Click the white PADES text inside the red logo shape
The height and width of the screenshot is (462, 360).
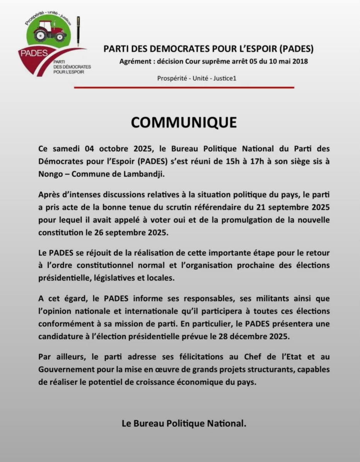(x=34, y=53)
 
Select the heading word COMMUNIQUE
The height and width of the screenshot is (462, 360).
(x=184, y=122)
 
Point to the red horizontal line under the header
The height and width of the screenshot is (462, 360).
(x=184, y=88)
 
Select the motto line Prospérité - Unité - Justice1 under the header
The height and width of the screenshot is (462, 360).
(x=196, y=78)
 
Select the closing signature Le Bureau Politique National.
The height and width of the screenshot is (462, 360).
(x=184, y=423)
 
